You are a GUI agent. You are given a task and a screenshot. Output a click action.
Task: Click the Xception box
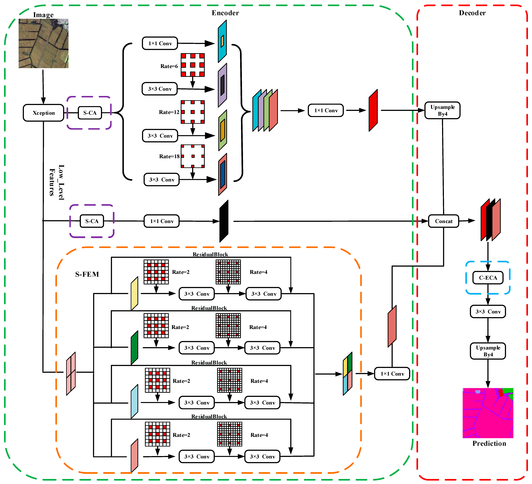(x=43, y=113)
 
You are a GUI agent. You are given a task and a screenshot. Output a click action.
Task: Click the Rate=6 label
(x=169, y=66)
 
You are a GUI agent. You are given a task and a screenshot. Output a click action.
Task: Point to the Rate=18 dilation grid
(x=193, y=156)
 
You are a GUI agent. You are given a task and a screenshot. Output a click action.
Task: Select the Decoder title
(x=472, y=13)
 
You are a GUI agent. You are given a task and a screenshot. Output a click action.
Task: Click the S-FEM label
(x=87, y=274)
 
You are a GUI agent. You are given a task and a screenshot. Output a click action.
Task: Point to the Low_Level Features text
(x=57, y=182)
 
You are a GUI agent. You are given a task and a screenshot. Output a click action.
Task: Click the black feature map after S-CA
(x=224, y=221)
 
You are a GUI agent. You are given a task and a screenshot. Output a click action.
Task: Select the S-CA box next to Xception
(x=90, y=113)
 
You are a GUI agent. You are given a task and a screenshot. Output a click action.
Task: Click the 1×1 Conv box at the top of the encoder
(x=160, y=43)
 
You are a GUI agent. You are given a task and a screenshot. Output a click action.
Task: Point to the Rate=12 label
(x=169, y=112)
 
